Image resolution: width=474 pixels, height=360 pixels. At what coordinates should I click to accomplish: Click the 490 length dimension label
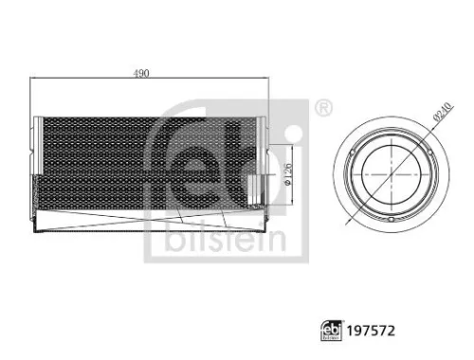143,73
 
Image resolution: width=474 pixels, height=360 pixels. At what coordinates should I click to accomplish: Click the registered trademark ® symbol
322,107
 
